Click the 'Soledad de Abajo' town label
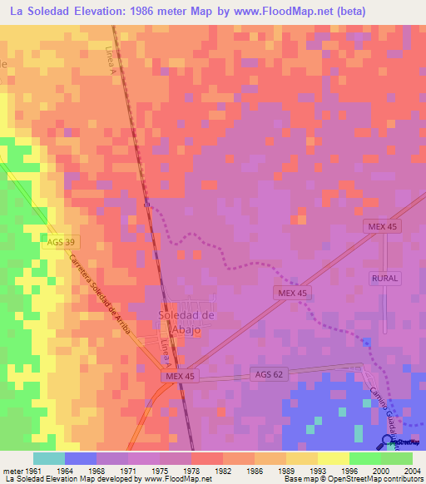[x=187, y=320]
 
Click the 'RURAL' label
[x=386, y=278]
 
